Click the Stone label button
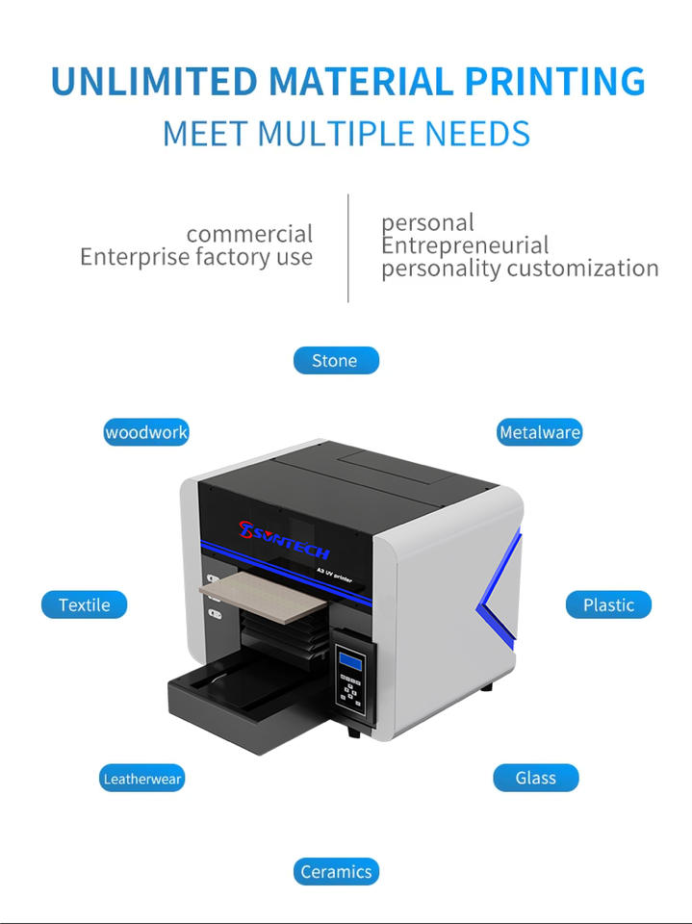click(335, 361)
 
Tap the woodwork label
click(146, 432)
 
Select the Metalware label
click(539, 432)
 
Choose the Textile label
click(84, 604)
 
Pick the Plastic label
click(608, 604)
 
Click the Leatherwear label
click(142, 778)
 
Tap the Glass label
click(535, 778)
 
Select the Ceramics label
click(336, 872)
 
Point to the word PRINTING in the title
click(555, 82)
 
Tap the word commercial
click(249, 234)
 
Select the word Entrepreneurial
click(465, 245)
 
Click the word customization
click(582, 269)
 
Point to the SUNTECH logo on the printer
click(285, 537)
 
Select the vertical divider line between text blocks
click(347, 247)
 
